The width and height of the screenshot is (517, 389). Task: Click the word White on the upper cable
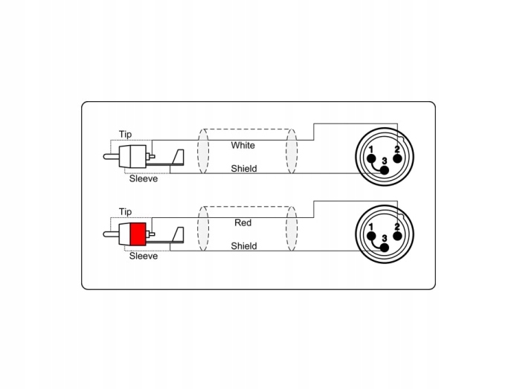click(243, 145)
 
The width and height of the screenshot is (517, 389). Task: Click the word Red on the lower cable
click(243, 222)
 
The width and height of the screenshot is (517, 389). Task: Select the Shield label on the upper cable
click(243, 169)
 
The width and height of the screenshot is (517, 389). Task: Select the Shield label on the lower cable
click(243, 245)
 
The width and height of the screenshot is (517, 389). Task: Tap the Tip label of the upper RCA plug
click(125, 135)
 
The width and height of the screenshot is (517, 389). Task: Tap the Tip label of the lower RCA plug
click(125, 212)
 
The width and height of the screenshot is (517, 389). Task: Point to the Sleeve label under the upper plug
click(143, 179)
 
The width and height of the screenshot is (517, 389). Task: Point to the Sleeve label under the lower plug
click(143, 257)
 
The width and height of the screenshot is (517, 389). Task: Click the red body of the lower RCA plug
click(137, 236)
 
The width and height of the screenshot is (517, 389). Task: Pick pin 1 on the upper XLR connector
click(371, 158)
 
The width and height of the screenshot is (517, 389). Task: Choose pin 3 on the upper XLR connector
click(384, 168)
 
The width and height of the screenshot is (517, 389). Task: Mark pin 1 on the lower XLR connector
click(371, 235)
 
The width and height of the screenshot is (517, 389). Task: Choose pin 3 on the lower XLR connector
click(384, 245)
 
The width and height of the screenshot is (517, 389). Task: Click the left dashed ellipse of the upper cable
click(203, 152)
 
